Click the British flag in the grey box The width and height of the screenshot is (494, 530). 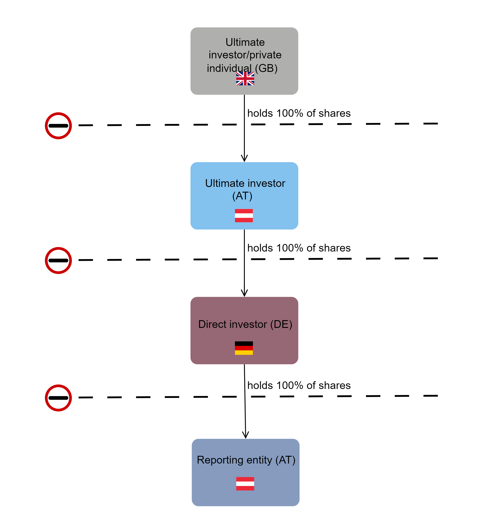pyautogui.click(x=245, y=79)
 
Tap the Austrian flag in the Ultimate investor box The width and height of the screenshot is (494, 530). pyautogui.click(x=244, y=215)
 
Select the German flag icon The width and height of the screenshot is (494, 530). pyautogui.click(x=244, y=348)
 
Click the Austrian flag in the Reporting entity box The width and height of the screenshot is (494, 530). pyautogui.click(x=245, y=484)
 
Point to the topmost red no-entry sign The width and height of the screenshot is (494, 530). pyautogui.click(x=58, y=126)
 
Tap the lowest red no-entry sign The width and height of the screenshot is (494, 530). pyautogui.click(x=58, y=398)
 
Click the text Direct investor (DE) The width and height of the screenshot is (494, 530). pyautogui.click(x=245, y=324)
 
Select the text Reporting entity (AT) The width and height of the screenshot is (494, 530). pyautogui.click(x=246, y=460)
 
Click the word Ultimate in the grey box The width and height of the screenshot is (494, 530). pyautogui.click(x=245, y=42)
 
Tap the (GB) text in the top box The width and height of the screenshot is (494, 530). pyautogui.click(x=266, y=68)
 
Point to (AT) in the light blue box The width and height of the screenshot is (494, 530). pyautogui.click(x=242, y=196)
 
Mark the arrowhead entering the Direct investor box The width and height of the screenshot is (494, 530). pyautogui.click(x=244, y=293)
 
